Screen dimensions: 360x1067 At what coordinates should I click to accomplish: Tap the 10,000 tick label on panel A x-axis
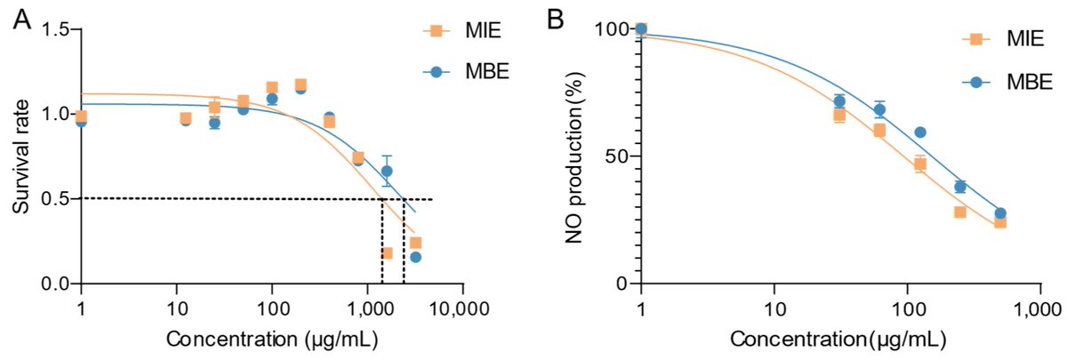click(462, 308)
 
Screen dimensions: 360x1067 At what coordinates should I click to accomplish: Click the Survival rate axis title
click(19, 156)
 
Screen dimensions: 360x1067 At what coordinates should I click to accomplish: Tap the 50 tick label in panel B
click(616, 156)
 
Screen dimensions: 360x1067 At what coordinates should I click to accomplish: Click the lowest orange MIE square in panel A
click(387, 253)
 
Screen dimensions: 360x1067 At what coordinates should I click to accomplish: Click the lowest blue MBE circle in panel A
click(415, 257)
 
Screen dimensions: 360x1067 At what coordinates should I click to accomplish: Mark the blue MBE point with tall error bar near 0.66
click(387, 171)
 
